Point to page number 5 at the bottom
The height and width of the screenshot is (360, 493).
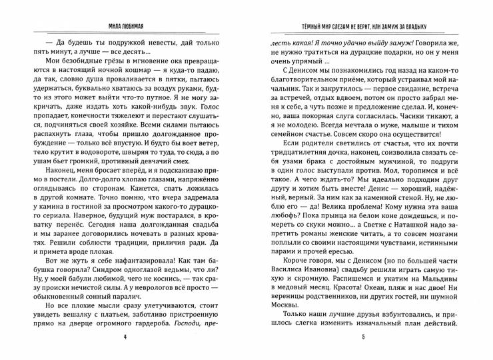pyautogui.click(x=363, y=337)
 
